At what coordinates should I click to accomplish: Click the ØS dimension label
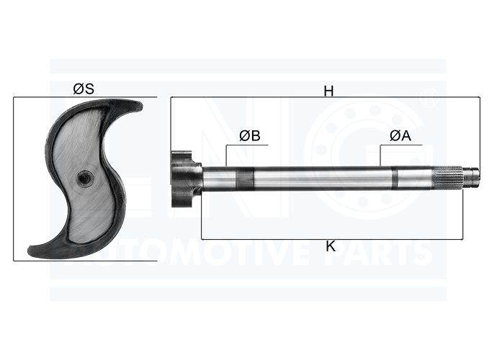pyautogui.click(x=84, y=89)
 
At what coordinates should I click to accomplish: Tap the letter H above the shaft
pyautogui.click(x=328, y=91)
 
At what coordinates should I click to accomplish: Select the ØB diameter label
pyautogui.click(x=250, y=135)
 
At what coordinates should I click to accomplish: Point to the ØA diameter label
pyautogui.click(x=400, y=135)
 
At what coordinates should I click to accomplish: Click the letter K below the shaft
pyautogui.click(x=331, y=246)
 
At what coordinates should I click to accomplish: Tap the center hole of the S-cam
pyautogui.click(x=85, y=178)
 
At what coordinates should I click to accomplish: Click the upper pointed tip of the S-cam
pyautogui.click(x=140, y=106)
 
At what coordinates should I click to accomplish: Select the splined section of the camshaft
pyautogui.click(x=449, y=179)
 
